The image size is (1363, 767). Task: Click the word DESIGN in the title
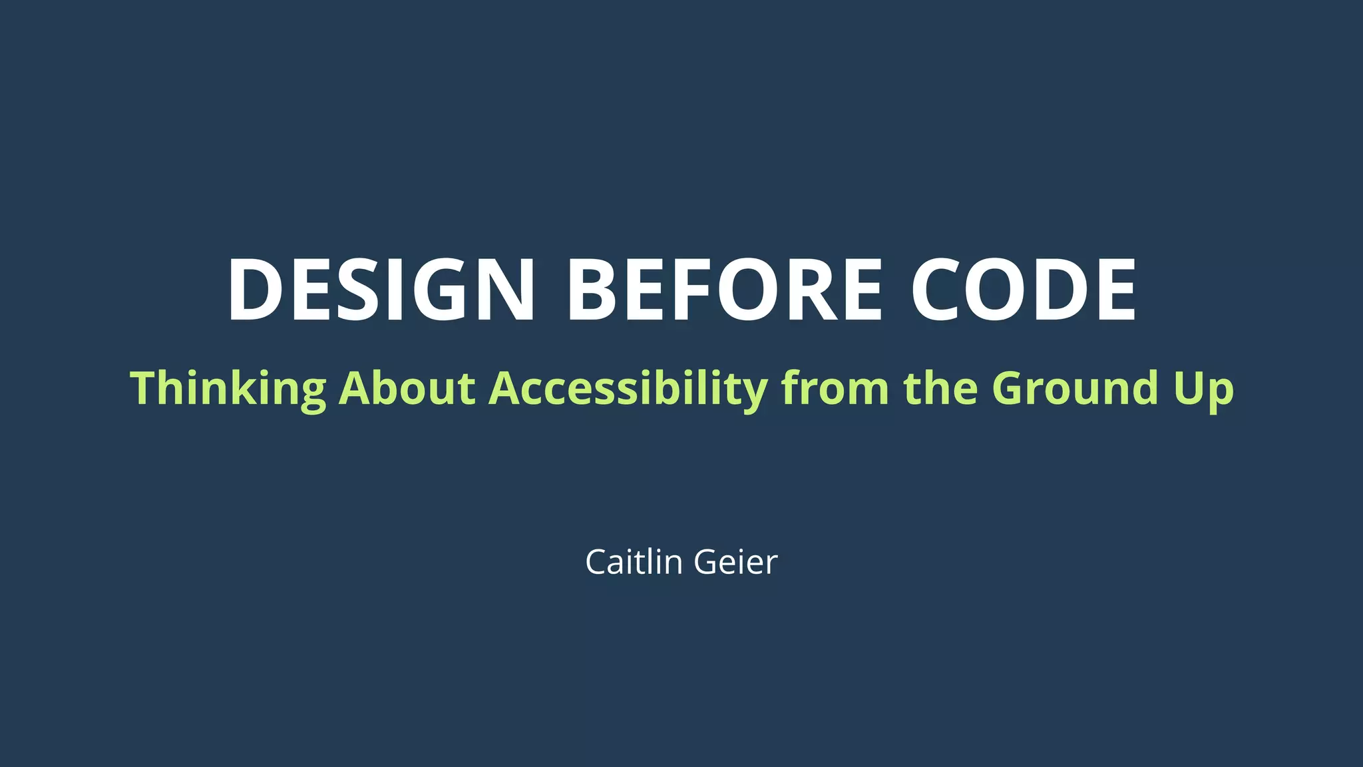381,290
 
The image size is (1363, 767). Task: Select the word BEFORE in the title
724,290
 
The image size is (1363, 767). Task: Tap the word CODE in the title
1023,290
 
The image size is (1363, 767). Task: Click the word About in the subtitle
407,388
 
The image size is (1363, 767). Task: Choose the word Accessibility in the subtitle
628,388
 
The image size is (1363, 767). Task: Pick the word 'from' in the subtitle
835,388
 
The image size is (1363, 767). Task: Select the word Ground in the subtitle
1075,388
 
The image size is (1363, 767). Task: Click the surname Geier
735,562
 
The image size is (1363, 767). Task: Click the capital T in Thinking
144,388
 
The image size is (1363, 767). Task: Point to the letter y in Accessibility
754,393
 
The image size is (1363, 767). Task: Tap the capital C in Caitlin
597,562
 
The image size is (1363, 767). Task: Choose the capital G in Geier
706,562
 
